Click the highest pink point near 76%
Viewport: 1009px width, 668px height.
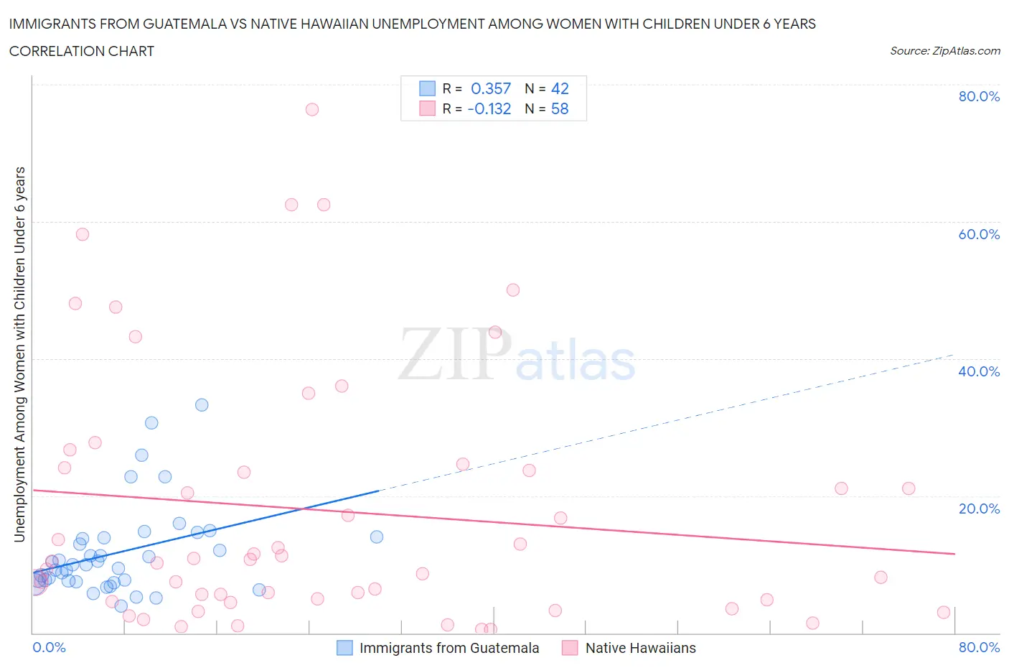311,109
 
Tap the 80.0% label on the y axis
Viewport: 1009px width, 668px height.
979,96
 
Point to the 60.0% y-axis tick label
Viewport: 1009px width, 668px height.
979,234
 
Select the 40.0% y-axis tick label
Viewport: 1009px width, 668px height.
979,371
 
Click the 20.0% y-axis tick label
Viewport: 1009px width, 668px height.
979,509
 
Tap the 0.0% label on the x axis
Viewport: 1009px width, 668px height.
50,647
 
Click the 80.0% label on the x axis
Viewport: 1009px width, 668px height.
979,647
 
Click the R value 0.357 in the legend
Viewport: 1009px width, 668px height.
491,88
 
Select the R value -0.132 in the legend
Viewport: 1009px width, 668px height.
489,108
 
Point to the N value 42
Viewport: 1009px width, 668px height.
560,88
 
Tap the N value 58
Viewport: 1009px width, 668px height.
560,108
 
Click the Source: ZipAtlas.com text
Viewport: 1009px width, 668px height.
944,50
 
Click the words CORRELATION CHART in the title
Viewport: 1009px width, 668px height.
82,51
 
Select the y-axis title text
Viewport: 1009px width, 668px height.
19,354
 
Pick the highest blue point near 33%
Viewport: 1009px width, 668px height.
202,405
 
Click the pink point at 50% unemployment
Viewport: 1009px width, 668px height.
512,290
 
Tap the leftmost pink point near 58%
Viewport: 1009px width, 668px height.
83,234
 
